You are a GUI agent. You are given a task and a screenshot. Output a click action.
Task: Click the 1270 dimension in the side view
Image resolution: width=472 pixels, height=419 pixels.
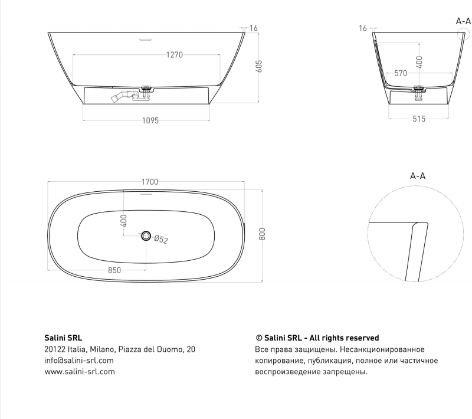[174, 55]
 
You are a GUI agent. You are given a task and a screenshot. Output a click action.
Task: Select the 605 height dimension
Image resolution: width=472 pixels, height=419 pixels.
[259, 66]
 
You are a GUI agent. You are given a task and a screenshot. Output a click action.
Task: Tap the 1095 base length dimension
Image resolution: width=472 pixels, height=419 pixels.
[150, 120]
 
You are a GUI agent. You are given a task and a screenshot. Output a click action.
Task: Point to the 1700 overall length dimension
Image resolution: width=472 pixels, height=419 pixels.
[150, 182]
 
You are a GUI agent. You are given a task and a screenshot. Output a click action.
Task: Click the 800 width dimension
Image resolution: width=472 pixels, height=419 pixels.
[262, 234]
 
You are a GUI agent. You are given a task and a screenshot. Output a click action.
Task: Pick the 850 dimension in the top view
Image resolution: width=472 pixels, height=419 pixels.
[114, 270]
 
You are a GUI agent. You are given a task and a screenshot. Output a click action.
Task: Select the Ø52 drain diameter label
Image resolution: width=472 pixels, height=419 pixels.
[161, 240]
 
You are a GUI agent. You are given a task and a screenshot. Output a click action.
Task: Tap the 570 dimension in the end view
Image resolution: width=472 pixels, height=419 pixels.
[401, 73]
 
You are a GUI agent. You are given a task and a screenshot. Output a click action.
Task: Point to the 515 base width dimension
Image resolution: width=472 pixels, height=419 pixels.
[419, 119]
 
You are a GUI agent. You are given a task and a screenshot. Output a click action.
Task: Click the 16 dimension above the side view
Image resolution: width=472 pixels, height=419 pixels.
[254, 28]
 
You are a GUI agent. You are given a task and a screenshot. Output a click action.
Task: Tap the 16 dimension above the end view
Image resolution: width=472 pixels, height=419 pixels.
[363, 28]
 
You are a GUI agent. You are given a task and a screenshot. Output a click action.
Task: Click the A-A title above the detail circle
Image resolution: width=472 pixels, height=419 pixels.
[418, 176]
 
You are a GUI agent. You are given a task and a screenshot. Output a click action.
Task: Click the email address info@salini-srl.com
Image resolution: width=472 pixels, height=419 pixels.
[79, 361]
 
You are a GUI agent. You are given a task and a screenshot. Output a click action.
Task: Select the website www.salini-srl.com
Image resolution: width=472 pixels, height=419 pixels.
[80, 371]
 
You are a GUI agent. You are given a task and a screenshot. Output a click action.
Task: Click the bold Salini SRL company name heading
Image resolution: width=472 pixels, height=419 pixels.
[63, 338]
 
